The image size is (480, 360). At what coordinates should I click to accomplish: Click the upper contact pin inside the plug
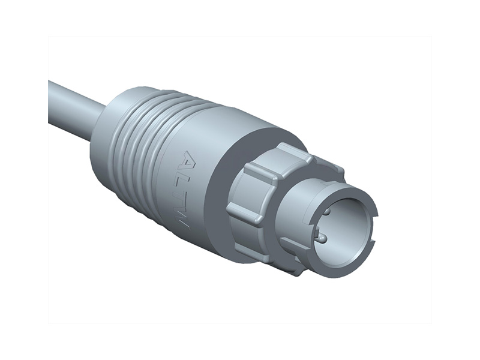[x=326, y=212]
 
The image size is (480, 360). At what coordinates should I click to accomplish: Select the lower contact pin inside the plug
[x=322, y=239]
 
